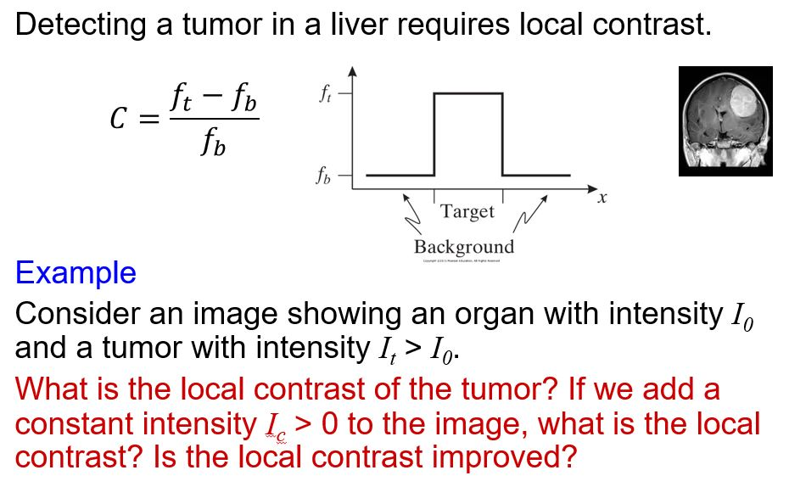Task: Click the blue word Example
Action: pos(76,273)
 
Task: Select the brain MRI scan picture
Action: pos(725,120)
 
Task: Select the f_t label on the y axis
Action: pos(325,93)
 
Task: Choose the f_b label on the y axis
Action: pos(325,177)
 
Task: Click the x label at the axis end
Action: pos(602,199)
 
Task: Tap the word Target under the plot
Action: pos(467,212)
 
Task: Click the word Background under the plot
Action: pos(463,247)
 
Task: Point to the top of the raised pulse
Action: pos(468,93)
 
